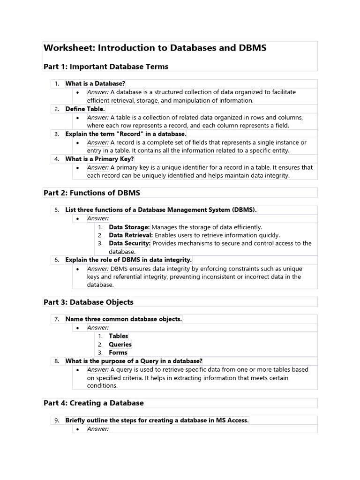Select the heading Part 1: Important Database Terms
pos(105,67)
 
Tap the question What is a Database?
pos(95,83)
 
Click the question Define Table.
pos(85,109)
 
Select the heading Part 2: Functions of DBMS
pos(91,193)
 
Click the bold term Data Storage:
pos(129,227)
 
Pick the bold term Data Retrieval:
pos(131,235)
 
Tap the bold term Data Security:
pos(130,243)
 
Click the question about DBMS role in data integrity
pos(128,260)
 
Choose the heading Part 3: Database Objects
pos(88,302)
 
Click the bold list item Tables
pos(119,336)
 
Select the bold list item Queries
pos(120,345)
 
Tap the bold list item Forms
pos(118,352)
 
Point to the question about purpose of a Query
pos(134,361)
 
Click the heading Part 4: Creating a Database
pos(93,403)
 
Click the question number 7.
pos(56,319)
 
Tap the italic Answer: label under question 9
pos(98,428)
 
